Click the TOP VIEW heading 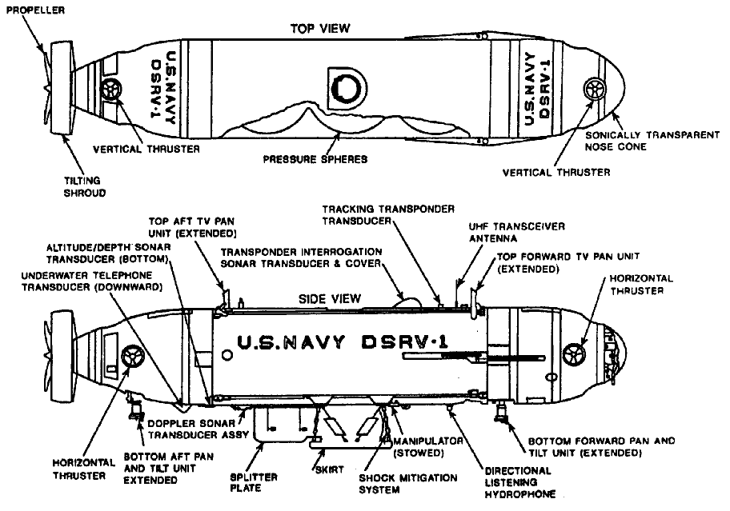(x=320, y=29)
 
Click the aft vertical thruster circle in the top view (x=111, y=89)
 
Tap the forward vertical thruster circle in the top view (x=596, y=89)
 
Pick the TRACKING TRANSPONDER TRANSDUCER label (x=388, y=214)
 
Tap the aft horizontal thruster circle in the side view (x=131, y=355)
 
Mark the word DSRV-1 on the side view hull (x=398, y=344)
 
